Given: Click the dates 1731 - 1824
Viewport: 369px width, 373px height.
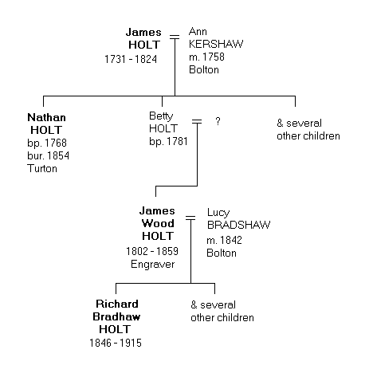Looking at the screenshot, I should (131, 60).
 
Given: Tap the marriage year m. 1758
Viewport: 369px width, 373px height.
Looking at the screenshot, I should (206, 57).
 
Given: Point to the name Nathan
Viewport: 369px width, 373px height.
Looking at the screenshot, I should (46, 117).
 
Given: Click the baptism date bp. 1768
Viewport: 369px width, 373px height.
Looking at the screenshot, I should (47, 143).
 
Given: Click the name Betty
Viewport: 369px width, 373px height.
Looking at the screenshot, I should (161, 116).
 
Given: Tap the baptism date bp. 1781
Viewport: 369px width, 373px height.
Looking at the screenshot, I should (167, 142).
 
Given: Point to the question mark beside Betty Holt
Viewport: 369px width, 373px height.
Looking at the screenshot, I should (218, 122).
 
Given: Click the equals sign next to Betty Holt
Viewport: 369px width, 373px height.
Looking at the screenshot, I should (196, 122).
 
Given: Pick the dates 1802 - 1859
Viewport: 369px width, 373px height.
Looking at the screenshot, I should (151, 250).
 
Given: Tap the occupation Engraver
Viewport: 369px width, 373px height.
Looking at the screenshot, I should (151, 263).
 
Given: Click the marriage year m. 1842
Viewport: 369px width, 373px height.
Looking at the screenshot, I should (226, 238).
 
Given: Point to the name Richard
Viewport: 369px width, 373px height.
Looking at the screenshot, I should (117, 304).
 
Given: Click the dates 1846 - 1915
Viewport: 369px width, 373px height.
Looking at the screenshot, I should (117, 342).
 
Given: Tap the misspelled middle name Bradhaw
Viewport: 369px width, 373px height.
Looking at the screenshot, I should (117, 316).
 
